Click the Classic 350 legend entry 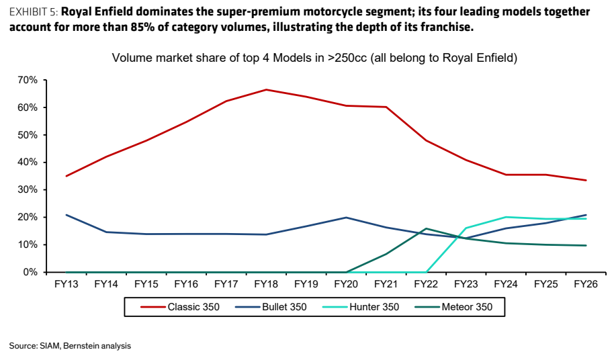[180, 307]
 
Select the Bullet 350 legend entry [271, 307]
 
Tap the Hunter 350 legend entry [361, 307]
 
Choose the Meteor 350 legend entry [453, 307]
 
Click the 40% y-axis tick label [28, 163]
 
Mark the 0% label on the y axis [30, 272]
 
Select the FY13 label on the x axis [66, 284]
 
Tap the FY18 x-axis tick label [266, 284]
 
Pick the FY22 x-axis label [426, 284]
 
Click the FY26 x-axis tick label [586, 284]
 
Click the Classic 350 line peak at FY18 [266, 89]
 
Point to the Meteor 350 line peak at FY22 [426, 228]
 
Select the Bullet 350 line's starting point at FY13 [66, 215]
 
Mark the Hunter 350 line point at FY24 [506, 217]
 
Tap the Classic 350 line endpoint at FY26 [586, 180]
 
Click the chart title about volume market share [314, 58]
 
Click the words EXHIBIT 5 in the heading [34, 12]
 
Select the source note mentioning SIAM [70, 346]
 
